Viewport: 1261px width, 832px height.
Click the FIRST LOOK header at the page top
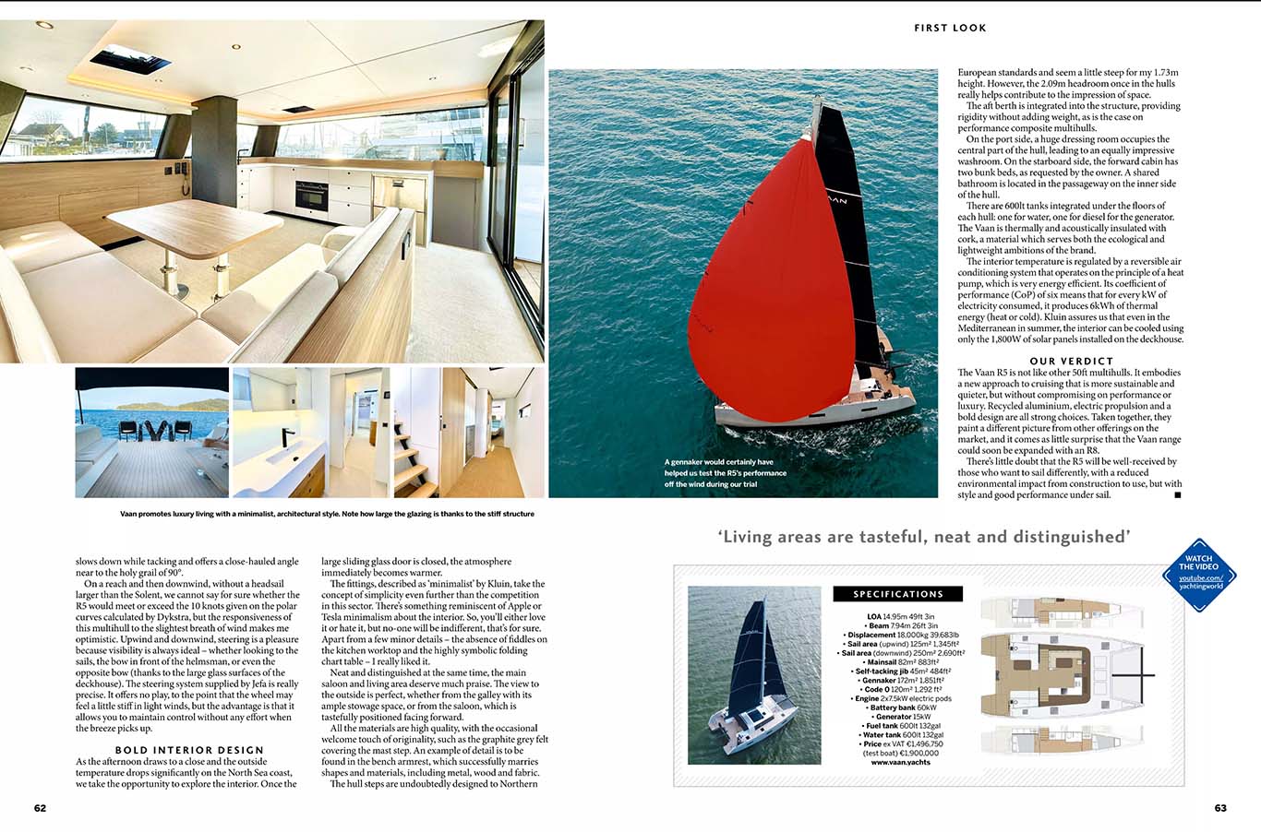pyautogui.click(x=950, y=28)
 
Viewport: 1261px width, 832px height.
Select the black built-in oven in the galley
pyautogui.click(x=309, y=195)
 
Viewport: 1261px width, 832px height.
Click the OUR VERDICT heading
pyautogui.click(x=1071, y=361)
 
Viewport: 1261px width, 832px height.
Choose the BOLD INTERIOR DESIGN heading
pyautogui.click(x=189, y=750)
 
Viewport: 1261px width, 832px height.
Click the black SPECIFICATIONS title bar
pyautogui.click(x=897, y=594)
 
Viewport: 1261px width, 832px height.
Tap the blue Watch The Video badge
pyautogui.click(x=1198, y=575)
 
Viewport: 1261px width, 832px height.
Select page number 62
pyautogui.click(x=40, y=808)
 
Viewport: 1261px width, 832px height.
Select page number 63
pyautogui.click(x=1220, y=808)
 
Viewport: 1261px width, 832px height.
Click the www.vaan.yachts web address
pyautogui.click(x=899, y=762)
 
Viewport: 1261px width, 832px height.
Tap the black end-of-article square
pyautogui.click(x=1177, y=495)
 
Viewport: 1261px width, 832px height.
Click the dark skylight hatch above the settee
pyautogui.click(x=129, y=59)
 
